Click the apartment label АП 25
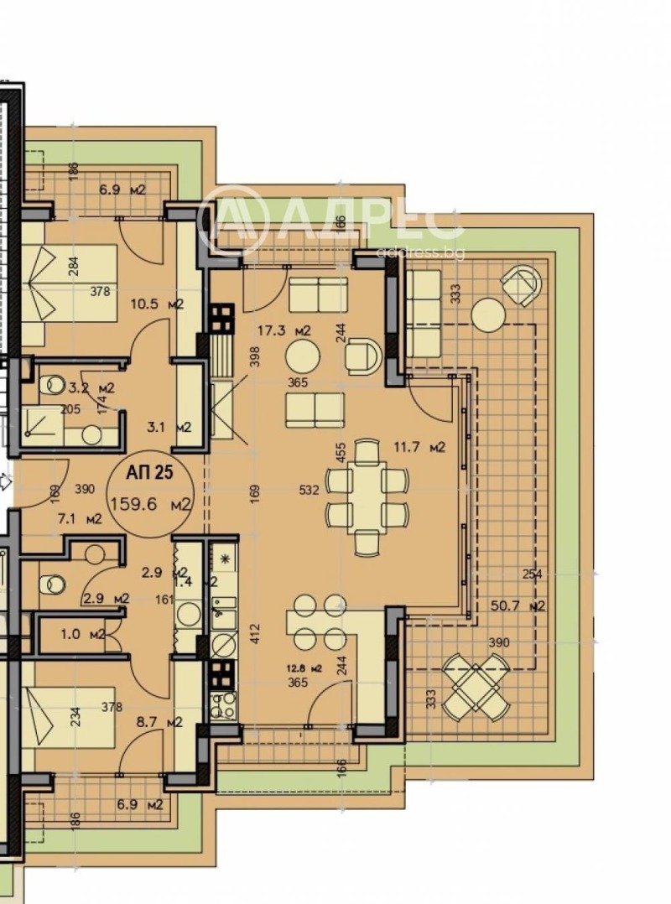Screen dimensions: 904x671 [x=149, y=472]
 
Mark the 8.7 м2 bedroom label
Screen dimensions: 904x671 [x=158, y=721]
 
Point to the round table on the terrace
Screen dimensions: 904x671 [x=488, y=314]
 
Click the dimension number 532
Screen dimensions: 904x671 [x=309, y=491]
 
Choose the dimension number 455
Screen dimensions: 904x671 [x=341, y=453]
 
